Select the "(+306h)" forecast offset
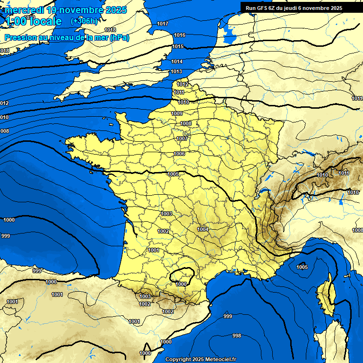84,21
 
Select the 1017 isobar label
163,24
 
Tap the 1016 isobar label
179,35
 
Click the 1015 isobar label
178,46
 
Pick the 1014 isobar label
177,62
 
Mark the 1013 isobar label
176,71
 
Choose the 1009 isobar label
177,113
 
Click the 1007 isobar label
182,138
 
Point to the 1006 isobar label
179,154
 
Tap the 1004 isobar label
203,229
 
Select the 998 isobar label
237,336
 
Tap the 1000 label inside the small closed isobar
181,284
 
